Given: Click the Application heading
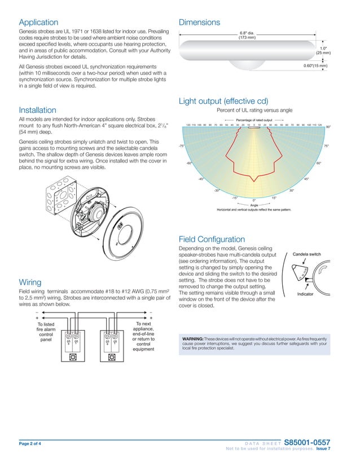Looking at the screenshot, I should (x=38, y=23).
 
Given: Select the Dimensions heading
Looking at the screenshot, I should (x=199, y=23).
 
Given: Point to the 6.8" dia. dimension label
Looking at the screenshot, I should (x=247, y=35).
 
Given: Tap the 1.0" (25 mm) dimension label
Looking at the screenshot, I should (x=323, y=51).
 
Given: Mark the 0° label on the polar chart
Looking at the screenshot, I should (x=254, y=200).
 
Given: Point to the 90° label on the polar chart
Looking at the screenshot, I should (x=328, y=128).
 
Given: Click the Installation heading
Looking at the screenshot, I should (x=37, y=110).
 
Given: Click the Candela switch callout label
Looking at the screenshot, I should (x=306, y=255).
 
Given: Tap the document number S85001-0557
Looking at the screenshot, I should (x=308, y=442).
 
